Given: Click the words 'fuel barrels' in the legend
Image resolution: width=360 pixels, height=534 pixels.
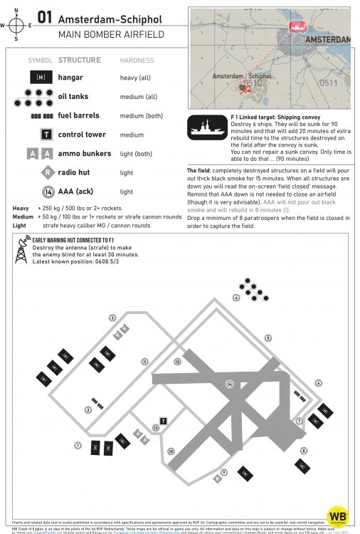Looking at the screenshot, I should [78, 115].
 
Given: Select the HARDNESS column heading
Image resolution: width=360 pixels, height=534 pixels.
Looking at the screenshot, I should [137, 61].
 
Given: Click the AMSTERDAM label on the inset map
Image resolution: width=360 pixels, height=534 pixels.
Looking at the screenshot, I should [329, 41].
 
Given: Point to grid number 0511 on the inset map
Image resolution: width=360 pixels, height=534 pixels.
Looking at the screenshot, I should [328, 83].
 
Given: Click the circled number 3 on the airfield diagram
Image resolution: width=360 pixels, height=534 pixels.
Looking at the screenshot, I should [112, 318].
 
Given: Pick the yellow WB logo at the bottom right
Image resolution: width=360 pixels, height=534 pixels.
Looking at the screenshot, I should [337, 516].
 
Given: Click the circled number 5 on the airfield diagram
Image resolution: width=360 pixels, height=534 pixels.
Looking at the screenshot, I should [268, 337].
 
